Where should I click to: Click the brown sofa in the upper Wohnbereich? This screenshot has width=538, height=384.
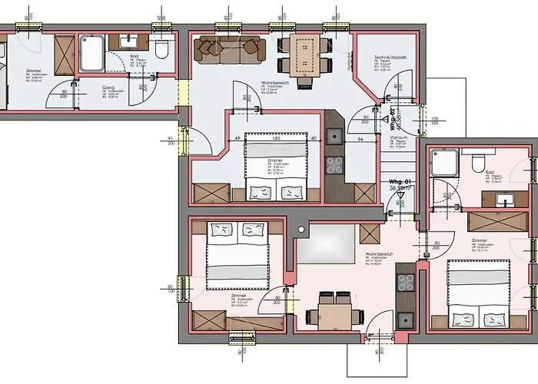[228, 48]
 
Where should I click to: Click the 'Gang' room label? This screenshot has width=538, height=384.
[108, 88]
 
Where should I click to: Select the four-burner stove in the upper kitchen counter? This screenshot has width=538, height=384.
[335, 166]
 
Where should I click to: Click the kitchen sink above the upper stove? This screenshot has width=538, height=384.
[334, 137]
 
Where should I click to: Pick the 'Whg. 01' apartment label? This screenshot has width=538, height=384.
[400, 183]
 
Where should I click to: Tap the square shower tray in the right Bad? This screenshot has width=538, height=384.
[443, 162]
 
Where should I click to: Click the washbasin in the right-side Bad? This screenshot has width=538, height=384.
[505, 200]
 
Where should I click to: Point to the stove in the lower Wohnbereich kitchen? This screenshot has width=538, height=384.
[405, 282]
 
